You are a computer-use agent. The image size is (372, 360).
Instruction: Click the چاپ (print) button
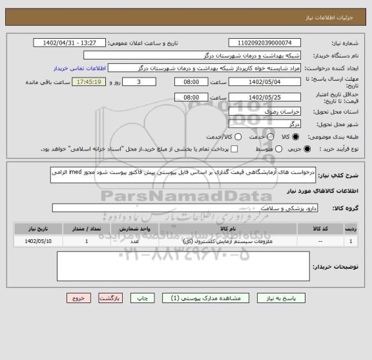pos(145,299)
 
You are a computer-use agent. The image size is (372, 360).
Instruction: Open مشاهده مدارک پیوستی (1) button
pos(211,299)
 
